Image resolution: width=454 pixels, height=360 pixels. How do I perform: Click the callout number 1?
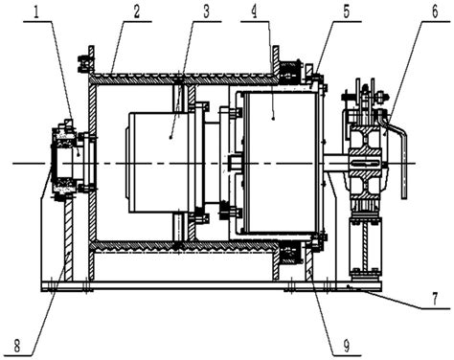coord(37,11)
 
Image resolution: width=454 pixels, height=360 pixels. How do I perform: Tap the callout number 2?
coord(137,11)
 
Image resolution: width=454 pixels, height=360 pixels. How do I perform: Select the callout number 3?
coord(206,11)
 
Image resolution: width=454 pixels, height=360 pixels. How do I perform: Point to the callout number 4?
coord(254,11)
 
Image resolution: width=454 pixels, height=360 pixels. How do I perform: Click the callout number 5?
coord(346,11)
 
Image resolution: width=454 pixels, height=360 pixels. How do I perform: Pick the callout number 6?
coord(436,11)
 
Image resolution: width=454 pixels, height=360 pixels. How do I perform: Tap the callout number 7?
coord(436,299)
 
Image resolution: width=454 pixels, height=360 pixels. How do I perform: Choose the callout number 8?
coord(17,346)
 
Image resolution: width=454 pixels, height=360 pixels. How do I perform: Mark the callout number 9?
coord(346,346)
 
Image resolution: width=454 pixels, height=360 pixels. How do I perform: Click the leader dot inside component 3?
coord(170,137)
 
